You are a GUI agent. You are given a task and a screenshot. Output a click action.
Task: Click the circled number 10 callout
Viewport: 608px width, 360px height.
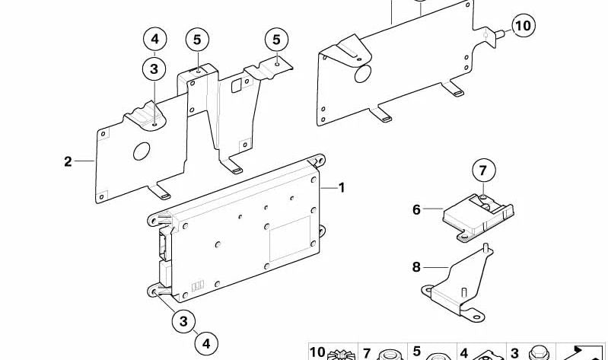coord(524,26)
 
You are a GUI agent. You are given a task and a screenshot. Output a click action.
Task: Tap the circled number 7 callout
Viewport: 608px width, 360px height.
coord(483,170)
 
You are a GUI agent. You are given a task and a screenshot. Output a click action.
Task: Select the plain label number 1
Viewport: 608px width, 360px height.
coord(341,188)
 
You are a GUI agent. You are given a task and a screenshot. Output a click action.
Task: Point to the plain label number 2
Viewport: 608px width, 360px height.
coord(68,161)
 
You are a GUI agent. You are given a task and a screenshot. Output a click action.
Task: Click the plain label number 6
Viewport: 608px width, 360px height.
coord(416,209)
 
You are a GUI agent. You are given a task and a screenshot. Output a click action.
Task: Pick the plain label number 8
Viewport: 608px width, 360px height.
coord(416,267)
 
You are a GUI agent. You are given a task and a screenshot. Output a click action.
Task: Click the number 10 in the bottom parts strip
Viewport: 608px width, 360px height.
coord(317,352)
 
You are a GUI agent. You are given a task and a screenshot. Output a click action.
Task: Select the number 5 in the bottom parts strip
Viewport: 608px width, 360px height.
coord(416,352)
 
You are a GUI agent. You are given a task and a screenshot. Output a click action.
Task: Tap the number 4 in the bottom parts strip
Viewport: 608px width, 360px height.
coord(464,353)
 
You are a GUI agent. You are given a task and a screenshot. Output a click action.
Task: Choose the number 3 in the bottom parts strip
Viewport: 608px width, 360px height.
coord(514,353)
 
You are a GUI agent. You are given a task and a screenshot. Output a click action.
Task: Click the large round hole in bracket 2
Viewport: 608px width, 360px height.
coord(142,151)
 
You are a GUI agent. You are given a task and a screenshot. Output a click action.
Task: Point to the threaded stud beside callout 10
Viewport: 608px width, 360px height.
coord(499,33)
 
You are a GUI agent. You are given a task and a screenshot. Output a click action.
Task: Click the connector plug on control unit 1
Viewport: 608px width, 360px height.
coord(164,244)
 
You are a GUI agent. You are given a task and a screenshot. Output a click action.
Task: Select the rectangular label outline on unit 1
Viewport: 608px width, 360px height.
coord(291,238)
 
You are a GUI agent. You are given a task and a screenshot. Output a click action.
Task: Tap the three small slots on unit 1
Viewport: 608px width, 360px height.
coord(198,286)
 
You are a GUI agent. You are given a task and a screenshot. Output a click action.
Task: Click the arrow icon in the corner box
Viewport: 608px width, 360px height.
coord(581,352)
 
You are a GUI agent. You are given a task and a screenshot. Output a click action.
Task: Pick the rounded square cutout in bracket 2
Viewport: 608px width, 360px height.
coord(236,86)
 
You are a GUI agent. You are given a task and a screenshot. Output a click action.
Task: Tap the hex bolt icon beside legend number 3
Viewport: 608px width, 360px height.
coord(539,353)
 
